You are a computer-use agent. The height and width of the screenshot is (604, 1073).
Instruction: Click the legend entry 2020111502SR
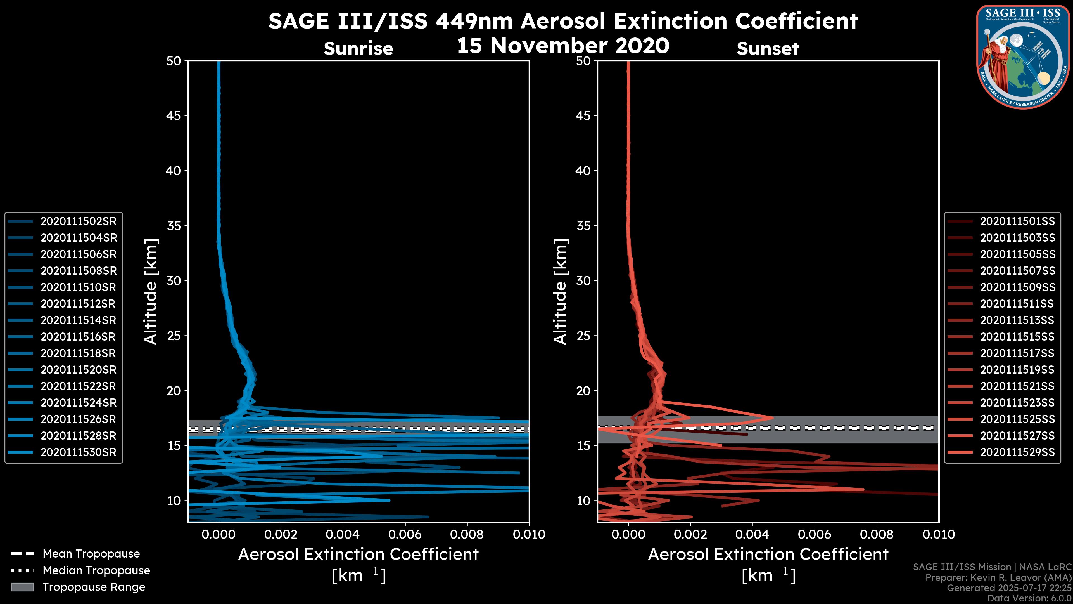(x=78, y=221)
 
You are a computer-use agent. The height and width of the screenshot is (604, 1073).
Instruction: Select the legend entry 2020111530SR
(x=78, y=452)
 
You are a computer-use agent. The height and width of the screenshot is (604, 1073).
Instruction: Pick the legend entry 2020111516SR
(x=78, y=337)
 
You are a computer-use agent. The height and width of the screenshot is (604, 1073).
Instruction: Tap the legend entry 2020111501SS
(x=1017, y=221)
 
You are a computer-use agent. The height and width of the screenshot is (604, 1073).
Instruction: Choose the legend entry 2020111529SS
(x=1017, y=452)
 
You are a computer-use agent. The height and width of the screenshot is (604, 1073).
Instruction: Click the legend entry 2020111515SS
(x=1017, y=337)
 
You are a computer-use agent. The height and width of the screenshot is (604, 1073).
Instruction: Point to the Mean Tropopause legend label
(x=91, y=554)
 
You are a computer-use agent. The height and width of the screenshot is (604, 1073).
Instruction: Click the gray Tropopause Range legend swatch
(x=22, y=587)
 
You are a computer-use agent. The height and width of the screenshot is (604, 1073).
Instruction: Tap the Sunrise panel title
(x=358, y=49)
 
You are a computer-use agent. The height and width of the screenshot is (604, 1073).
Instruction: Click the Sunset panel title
(x=768, y=49)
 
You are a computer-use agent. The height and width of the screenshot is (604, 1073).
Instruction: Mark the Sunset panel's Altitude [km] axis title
(x=560, y=292)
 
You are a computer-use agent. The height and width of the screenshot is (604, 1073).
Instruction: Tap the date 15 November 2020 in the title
(x=563, y=46)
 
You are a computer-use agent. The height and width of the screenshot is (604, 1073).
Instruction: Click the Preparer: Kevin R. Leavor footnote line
(x=998, y=578)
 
